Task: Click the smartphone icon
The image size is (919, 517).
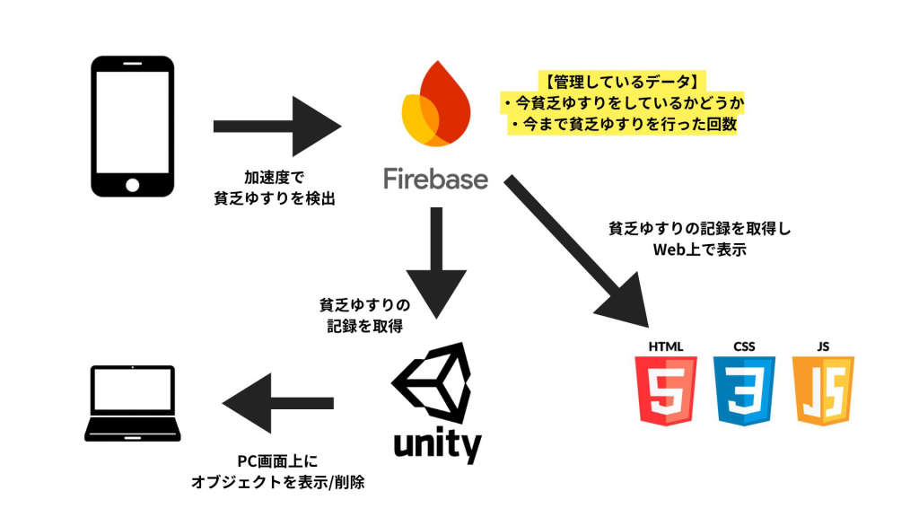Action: pyautogui.click(x=132, y=126)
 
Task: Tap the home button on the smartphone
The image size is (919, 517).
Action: pyautogui.click(x=132, y=183)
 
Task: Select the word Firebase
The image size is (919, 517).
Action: pyautogui.click(x=435, y=179)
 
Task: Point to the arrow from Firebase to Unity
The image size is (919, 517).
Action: pyautogui.click(x=436, y=260)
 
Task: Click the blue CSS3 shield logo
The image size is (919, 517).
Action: pyautogui.click(x=744, y=391)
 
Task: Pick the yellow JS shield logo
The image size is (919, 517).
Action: pyautogui.click(x=823, y=391)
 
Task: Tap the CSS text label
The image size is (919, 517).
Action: pyautogui.click(x=744, y=346)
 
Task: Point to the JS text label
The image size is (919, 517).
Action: pyautogui.click(x=823, y=346)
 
